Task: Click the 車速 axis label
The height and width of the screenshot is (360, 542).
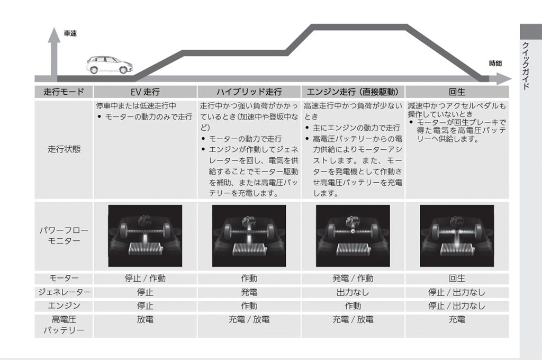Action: (x=70, y=33)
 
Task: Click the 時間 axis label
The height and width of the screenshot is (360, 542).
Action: (x=495, y=64)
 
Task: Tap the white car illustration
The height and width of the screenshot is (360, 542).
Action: (x=109, y=65)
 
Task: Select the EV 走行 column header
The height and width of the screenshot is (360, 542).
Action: (x=145, y=92)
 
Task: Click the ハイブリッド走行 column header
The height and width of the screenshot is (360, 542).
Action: (x=249, y=92)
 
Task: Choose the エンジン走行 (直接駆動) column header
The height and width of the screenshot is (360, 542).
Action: (x=353, y=92)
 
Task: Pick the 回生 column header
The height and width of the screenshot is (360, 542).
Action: (x=457, y=92)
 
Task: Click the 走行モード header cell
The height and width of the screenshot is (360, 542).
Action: (x=64, y=92)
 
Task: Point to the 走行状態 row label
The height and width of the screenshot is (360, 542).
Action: (x=64, y=149)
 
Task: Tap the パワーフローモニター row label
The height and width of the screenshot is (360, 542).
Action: (x=64, y=236)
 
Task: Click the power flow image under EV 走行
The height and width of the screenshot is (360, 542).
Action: (x=145, y=236)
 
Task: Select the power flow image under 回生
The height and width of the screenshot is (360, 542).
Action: (x=457, y=236)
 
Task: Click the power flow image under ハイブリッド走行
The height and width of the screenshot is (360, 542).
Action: (x=249, y=236)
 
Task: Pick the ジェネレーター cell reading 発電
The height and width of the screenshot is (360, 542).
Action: (x=249, y=292)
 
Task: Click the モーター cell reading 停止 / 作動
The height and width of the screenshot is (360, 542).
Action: (x=145, y=278)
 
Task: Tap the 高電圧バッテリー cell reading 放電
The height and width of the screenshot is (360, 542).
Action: (x=145, y=320)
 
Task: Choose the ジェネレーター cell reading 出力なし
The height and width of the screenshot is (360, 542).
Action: (x=353, y=292)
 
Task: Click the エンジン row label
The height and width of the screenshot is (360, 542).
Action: (x=64, y=305)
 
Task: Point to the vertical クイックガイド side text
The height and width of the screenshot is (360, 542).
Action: (x=526, y=66)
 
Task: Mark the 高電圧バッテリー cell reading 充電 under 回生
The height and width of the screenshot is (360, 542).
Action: (x=457, y=320)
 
